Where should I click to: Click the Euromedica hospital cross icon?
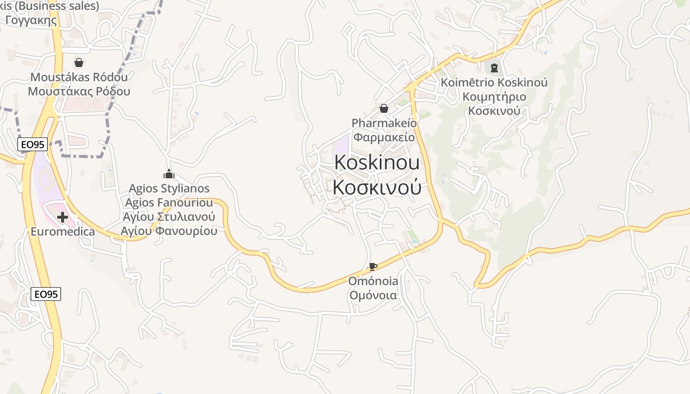tap(63, 217)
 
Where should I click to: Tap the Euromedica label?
tap(63, 231)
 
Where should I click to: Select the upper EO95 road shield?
tap(33, 144)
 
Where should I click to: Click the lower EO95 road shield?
tap(46, 294)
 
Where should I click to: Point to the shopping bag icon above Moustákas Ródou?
tap(78, 63)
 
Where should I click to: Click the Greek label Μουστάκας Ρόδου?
tap(79, 91)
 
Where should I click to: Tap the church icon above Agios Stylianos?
tap(169, 174)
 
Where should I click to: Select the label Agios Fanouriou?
tap(169, 202)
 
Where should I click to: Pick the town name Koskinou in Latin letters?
tap(377, 163)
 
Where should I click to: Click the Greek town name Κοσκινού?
tap(377, 187)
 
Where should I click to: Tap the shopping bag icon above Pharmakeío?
tap(384, 108)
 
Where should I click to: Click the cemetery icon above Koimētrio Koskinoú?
tap(494, 67)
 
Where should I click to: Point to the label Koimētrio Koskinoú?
tap(494, 82)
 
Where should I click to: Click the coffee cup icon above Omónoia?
tap(373, 267)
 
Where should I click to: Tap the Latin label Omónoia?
tap(373, 281)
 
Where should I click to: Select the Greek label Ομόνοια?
tap(373, 295)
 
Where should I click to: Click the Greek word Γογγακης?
tap(31, 20)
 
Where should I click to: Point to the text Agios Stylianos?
tap(169, 188)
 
